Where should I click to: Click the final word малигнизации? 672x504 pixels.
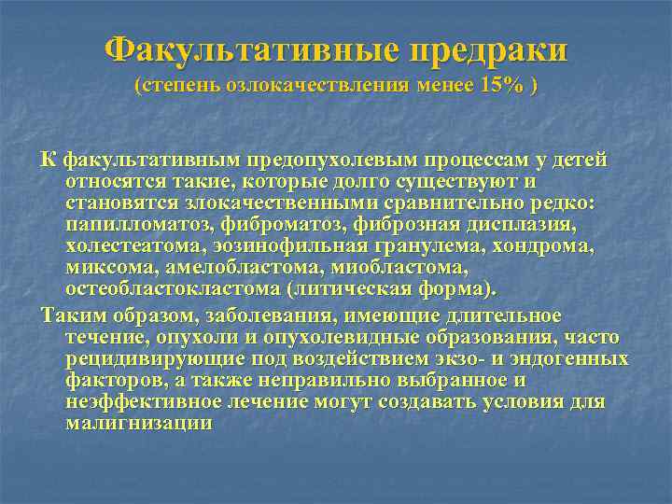(139, 423)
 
